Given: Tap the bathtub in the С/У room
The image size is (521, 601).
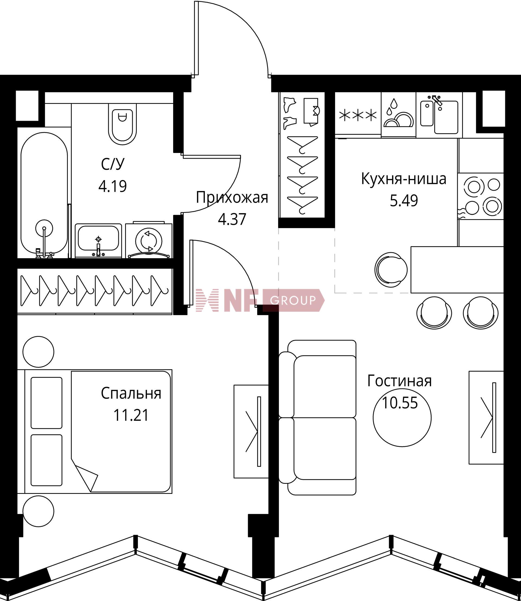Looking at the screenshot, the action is click(44, 195).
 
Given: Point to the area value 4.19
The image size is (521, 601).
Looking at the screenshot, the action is click(113, 186).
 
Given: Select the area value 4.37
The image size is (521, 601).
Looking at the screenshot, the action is click(232, 219).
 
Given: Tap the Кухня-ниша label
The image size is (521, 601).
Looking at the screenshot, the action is click(404, 179).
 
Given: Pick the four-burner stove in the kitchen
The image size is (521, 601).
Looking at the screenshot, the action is click(481, 196).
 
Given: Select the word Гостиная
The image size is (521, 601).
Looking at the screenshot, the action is click(399, 381).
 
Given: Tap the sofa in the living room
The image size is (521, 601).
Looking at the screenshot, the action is click(317, 418).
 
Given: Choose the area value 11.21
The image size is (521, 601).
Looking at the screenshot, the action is click(131, 415).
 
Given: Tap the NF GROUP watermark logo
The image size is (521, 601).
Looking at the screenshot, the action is click(260, 300).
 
